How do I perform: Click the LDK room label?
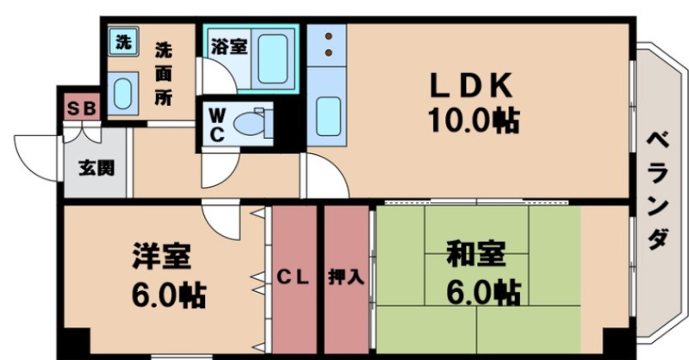click(472, 85)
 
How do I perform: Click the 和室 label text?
click(475, 256)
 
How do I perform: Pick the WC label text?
click(216, 126)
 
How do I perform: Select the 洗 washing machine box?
click(124, 41)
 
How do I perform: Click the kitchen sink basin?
click(328, 115)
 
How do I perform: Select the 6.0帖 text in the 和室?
click(482, 292)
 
